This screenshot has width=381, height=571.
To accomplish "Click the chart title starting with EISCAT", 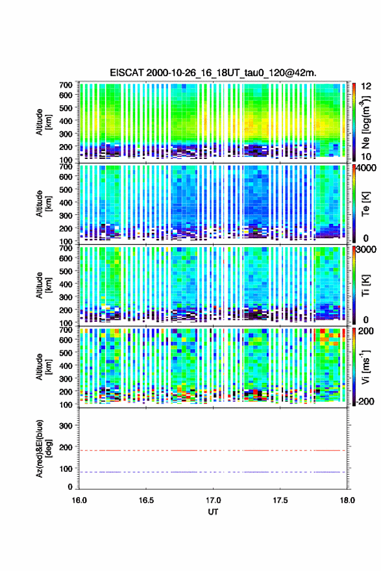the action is [x=213, y=73].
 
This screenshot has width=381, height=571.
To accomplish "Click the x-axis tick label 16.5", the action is [x=146, y=500].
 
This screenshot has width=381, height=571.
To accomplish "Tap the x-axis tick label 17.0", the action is [x=213, y=500].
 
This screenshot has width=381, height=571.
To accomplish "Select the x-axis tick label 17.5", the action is [x=280, y=500].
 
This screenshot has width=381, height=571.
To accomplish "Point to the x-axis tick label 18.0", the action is [x=347, y=500].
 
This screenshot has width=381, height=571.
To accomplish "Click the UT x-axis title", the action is [x=213, y=512].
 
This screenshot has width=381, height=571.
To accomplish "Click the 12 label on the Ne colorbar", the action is [x=366, y=86].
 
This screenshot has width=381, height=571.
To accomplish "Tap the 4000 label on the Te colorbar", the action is [x=369, y=168].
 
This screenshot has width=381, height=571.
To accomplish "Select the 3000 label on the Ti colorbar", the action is [x=369, y=249].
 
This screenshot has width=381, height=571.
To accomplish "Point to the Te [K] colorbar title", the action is [x=366, y=204].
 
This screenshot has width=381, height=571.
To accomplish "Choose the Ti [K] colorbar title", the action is [x=366, y=285].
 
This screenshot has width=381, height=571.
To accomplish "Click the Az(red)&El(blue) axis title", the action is [x=42, y=448].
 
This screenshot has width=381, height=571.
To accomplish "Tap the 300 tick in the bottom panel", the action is [x=66, y=426].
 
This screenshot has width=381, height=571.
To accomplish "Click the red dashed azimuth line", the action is [x=212, y=450].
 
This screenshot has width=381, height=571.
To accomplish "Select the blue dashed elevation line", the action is [x=212, y=472].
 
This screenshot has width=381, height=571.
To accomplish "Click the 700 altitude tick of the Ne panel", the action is [x=66, y=85].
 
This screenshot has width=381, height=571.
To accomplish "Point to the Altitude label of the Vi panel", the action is [x=40, y=367].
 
